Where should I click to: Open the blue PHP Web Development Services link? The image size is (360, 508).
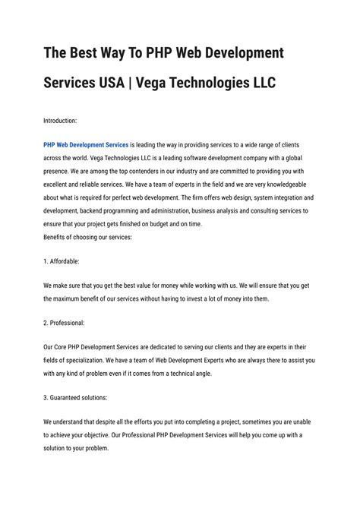86,143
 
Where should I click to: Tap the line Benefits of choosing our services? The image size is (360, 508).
88,237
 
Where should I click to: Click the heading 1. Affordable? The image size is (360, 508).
62,260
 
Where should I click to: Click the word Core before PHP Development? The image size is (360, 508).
67,346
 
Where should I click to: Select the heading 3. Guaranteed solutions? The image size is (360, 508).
76,396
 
